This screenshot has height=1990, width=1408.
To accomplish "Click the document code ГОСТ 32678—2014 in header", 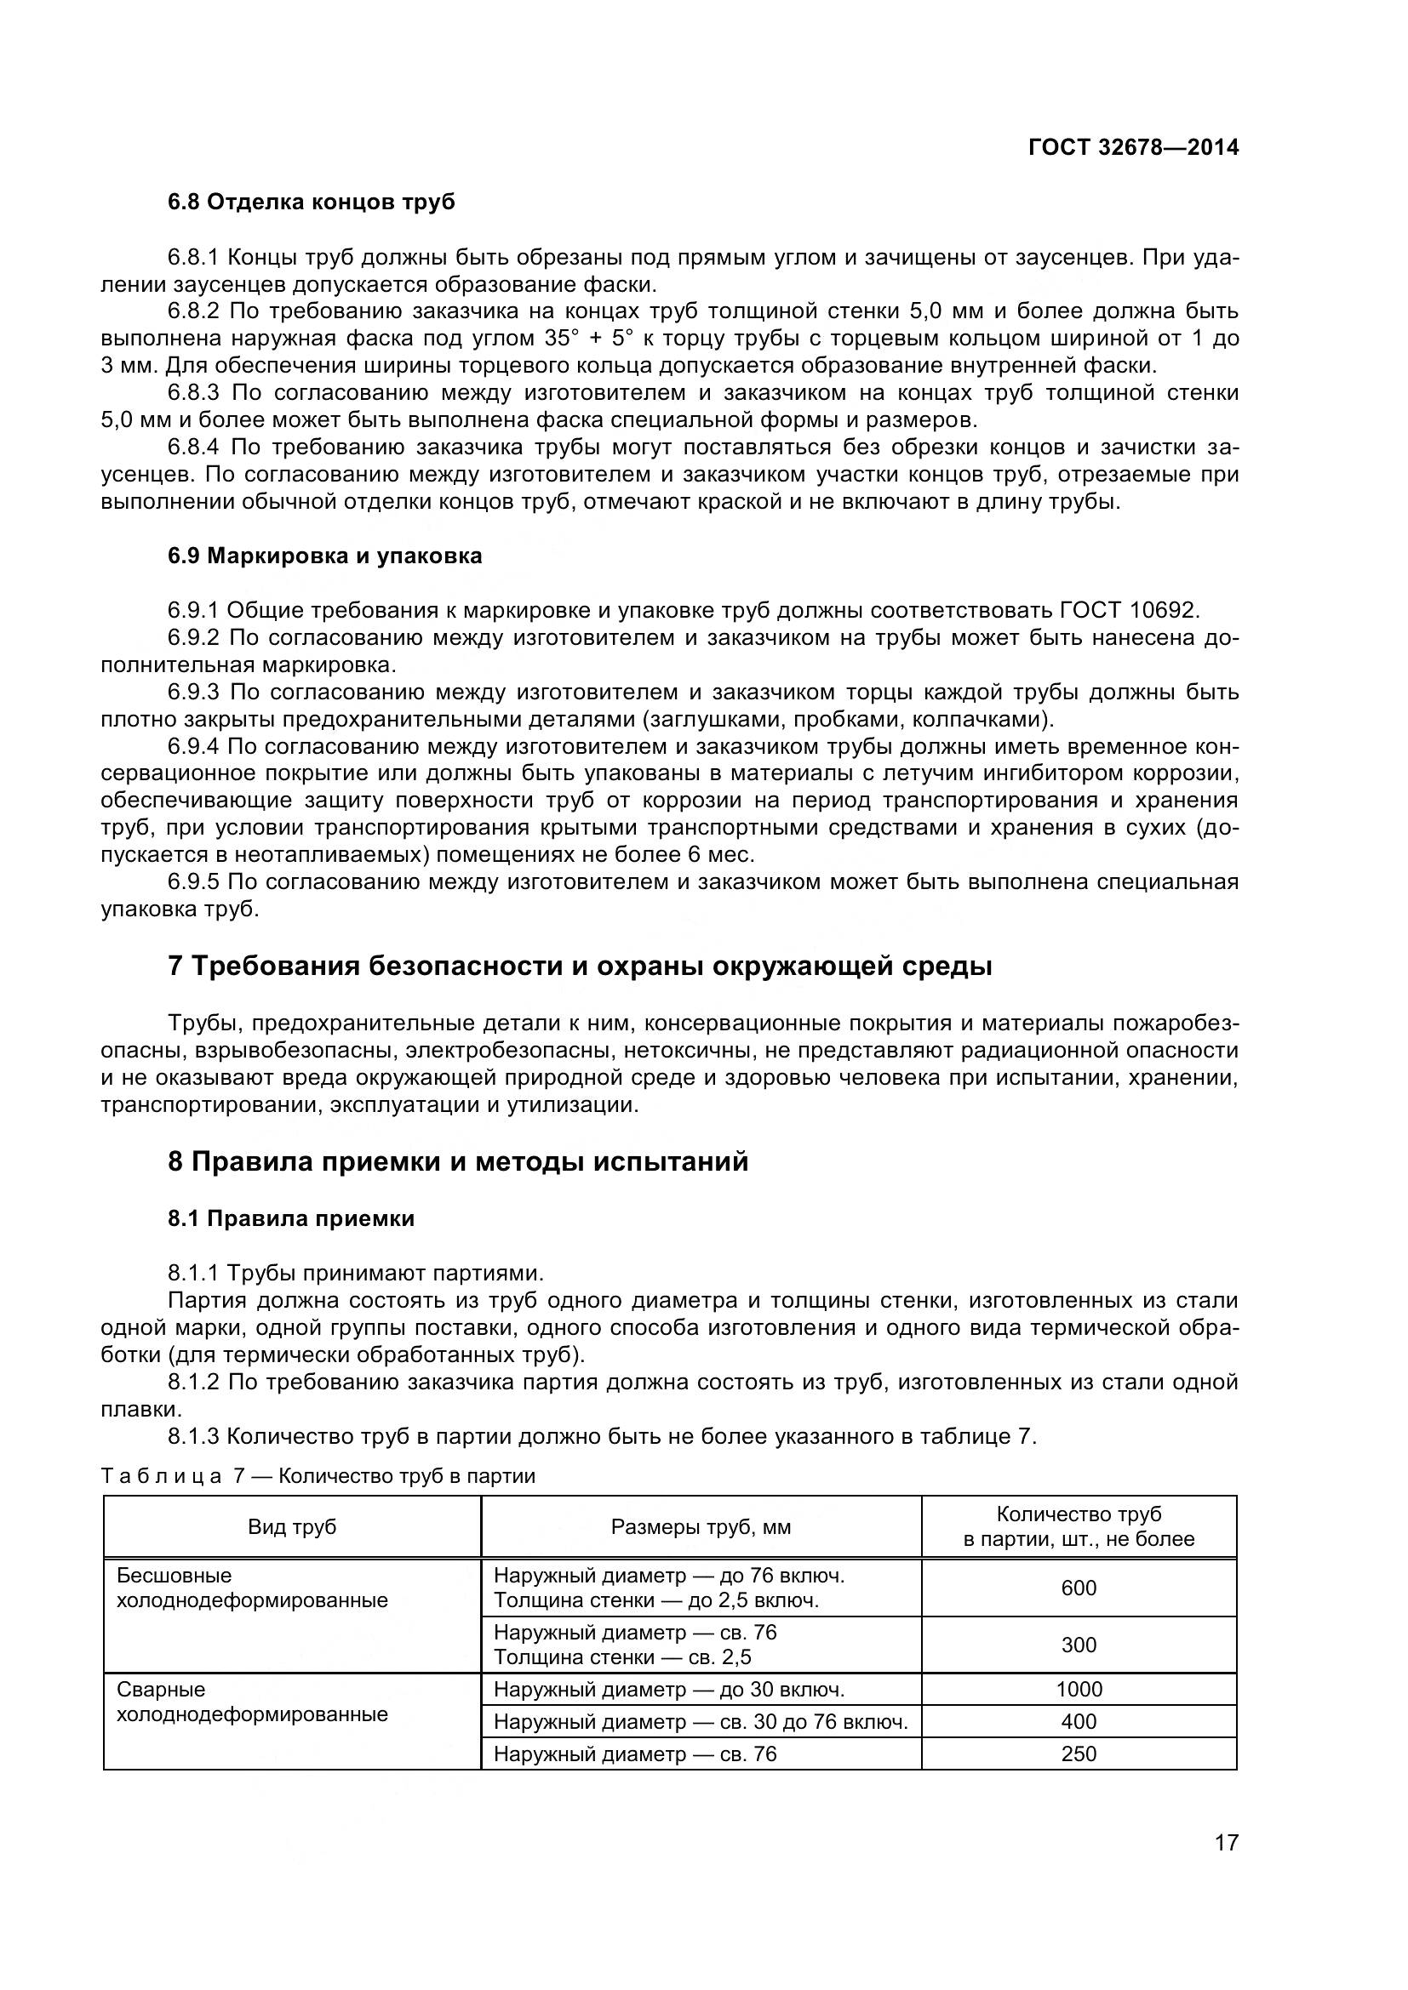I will click(x=1133, y=147).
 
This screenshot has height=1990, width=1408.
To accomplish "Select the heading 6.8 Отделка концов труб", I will click(x=311, y=202).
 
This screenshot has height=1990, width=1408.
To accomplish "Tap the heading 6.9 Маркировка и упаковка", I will click(x=324, y=556).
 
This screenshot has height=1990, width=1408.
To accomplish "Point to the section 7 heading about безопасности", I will click(x=579, y=966).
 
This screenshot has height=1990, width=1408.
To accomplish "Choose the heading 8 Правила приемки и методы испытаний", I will click(x=457, y=1161).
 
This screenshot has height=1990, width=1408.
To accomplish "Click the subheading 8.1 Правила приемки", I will click(x=290, y=1218).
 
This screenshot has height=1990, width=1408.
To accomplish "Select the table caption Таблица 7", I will click(x=318, y=1476).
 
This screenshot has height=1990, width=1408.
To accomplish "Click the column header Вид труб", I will click(x=292, y=1527).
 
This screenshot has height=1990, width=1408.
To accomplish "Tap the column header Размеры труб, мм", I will click(x=701, y=1527).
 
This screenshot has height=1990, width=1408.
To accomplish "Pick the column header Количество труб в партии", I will click(x=1079, y=1527).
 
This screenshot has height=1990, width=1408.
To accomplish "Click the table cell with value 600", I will click(x=1079, y=1588).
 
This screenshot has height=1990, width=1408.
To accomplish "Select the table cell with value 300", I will click(x=1079, y=1645).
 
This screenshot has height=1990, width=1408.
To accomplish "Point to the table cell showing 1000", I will click(x=1079, y=1690).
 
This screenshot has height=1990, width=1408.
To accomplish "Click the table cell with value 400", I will click(x=1079, y=1721).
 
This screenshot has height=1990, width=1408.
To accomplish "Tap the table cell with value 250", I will click(x=1079, y=1753).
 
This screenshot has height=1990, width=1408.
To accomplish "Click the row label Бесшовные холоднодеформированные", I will click(x=251, y=1588).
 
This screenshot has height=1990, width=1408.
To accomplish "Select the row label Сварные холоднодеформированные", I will click(x=251, y=1702).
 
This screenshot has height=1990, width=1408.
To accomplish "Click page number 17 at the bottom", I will click(x=1226, y=1866).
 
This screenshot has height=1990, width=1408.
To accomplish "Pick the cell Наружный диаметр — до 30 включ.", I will click(x=668, y=1690).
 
